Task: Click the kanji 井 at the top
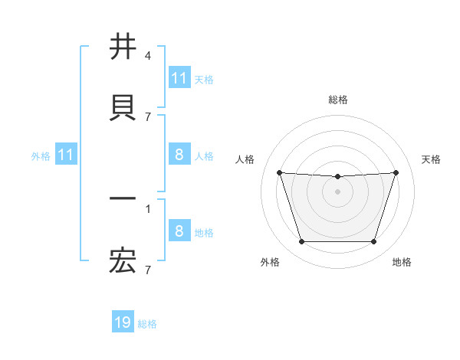pyautogui.click(x=123, y=47)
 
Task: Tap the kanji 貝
pyautogui.click(x=123, y=107)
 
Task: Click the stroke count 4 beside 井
pyautogui.click(x=148, y=56)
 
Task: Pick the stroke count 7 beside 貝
pyautogui.click(x=148, y=116)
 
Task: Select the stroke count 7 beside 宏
pyautogui.click(x=148, y=270)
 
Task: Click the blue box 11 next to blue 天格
pyautogui.click(x=179, y=78)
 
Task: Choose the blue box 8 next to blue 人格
pyautogui.click(x=179, y=155)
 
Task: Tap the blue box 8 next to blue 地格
pyautogui.click(x=179, y=231)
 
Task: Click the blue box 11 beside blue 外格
pyautogui.click(x=65, y=155)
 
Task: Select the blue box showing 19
pyautogui.click(x=123, y=323)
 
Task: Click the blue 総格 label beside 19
pyautogui.click(x=147, y=324)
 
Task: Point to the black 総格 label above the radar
pyautogui.click(x=337, y=100)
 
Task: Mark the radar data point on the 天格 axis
pyautogui.click(x=396, y=172)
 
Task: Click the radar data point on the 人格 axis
pyautogui.click(x=279, y=172)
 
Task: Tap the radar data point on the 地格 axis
pyautogui.click(x=373, y=241)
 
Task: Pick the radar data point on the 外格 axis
pyautogui.click(x=301, y=241)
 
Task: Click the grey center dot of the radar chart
pyautogui.click(x=337, y=191)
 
